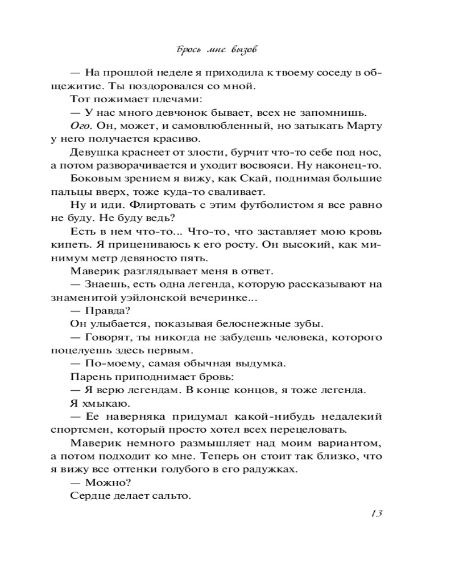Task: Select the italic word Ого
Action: tap(80, 126)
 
